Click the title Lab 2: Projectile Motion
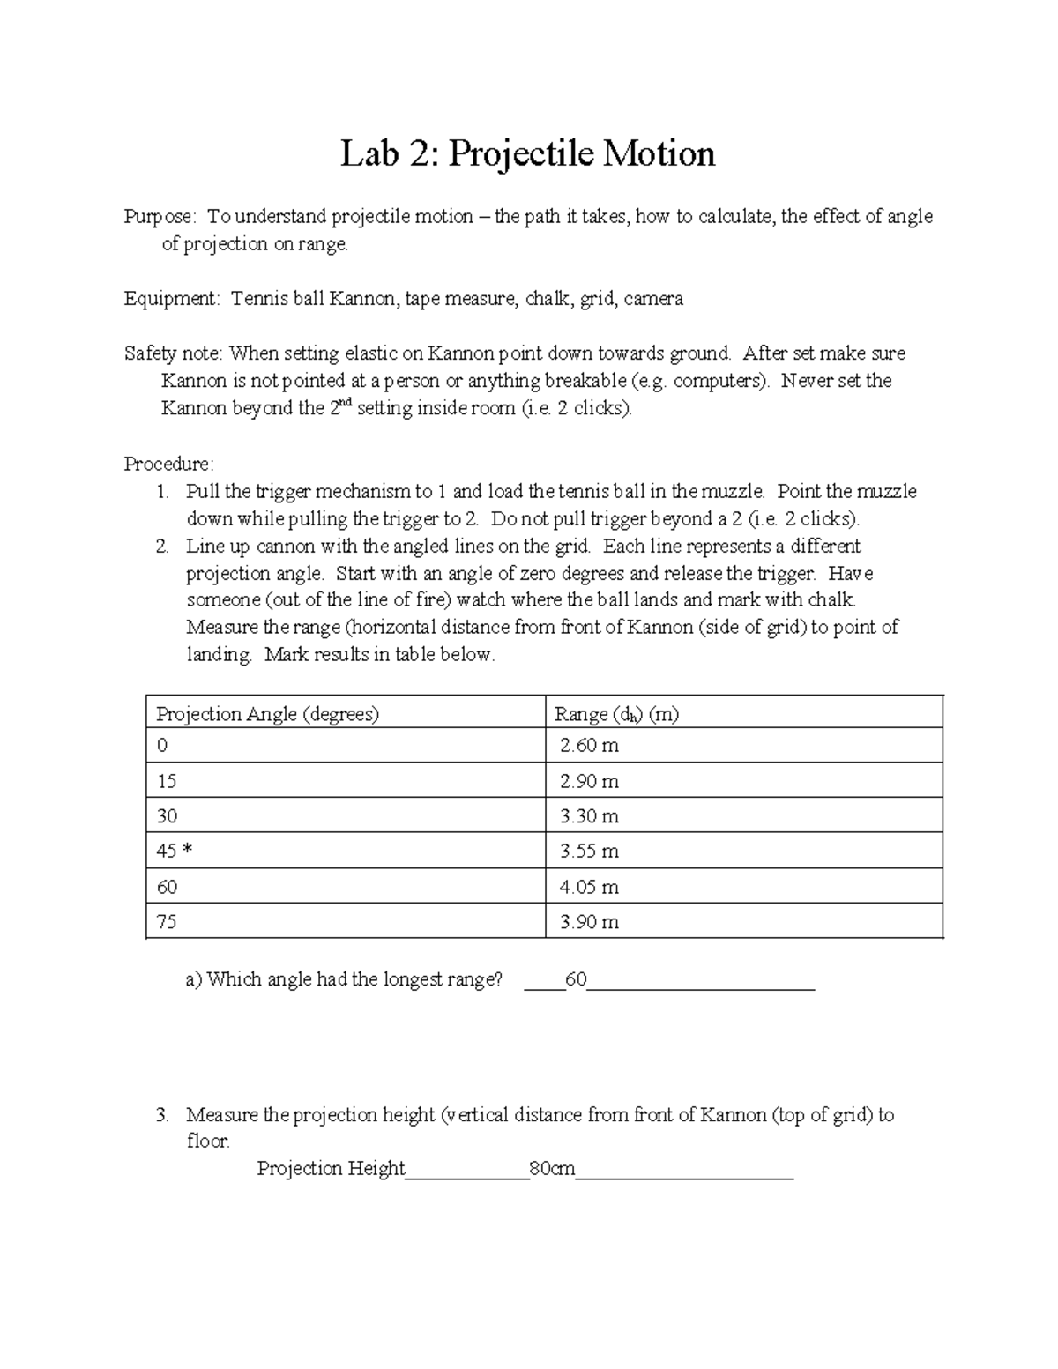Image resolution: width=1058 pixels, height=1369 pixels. pos(528,154)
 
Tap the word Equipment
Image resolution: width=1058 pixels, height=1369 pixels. pos(170,299)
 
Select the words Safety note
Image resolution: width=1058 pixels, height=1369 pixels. pos(173,353)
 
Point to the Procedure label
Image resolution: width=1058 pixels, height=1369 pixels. pos(168,464)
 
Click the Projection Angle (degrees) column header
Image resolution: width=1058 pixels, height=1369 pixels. pos(267,714)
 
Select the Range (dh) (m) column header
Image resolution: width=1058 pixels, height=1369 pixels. pos(615,714)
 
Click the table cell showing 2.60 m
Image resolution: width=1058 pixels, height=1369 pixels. pos(589,746)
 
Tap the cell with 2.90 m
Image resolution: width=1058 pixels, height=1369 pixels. pos(589,781)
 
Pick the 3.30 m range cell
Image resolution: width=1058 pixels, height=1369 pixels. pos(589,816)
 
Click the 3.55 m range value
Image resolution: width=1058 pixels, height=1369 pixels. pos(589,852)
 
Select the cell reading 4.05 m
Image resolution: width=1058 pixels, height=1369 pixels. pos(589,887)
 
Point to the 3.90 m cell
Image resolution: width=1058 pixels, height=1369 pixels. pos(589,922)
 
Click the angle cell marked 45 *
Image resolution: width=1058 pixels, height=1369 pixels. pos(174,852)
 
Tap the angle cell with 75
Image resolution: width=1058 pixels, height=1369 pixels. pos(167,922)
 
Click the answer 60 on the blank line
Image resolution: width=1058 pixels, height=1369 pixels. pos(577,979)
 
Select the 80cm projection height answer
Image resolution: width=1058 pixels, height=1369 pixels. pos(551,1169)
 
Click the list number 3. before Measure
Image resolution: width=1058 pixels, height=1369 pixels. pos(161,1115)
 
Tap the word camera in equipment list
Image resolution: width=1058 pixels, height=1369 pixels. pos(653,299)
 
